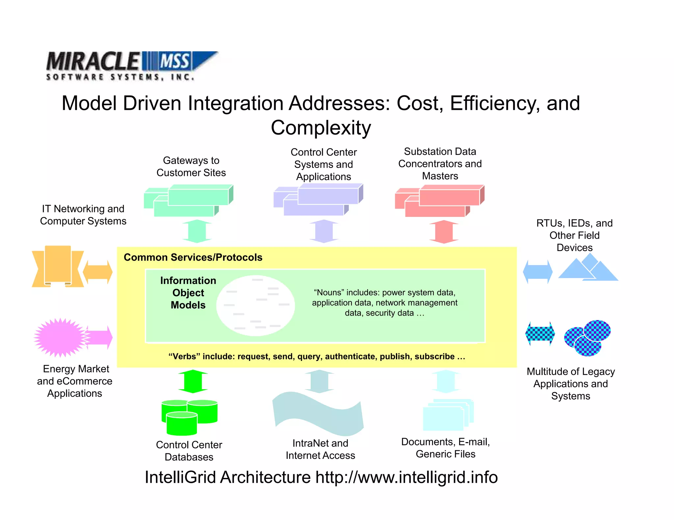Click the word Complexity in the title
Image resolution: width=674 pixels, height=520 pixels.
click(321, 128)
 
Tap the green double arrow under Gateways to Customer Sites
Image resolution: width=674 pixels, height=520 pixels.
click(197, 231)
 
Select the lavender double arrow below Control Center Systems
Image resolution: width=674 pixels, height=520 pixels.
click(324, 231)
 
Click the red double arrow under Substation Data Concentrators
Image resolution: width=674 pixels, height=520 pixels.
click(444, 232)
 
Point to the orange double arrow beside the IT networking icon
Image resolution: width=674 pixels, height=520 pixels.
click(97, 272)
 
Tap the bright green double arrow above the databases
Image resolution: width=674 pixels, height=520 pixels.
click(193, 381)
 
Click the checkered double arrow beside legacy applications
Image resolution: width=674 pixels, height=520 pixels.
click(540, 334)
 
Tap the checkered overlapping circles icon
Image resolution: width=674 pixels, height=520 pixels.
click(587, 338)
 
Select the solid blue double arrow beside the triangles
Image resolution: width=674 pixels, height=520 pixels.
click(538, 272)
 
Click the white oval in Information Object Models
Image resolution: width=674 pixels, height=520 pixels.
click(255, 305)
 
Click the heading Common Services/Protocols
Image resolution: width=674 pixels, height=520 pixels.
click(193, 257)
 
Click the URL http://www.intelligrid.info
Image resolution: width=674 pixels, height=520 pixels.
click(406, 477)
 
